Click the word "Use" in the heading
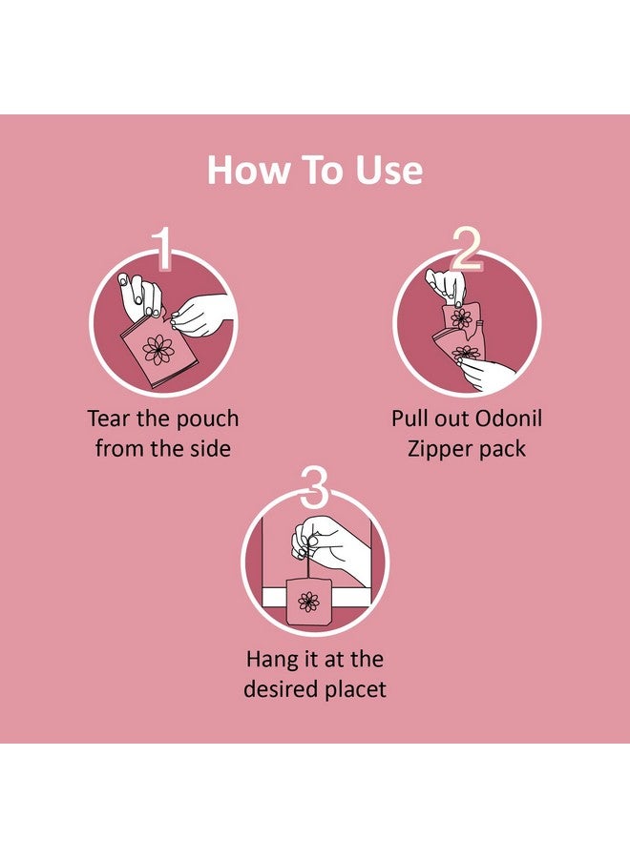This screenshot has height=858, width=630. coord(387,171)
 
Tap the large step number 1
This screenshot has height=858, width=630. coord(163,250)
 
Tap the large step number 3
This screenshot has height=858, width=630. coord(315,491)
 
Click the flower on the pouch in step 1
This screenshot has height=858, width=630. coord(158,349)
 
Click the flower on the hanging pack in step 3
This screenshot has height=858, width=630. coord(307,601)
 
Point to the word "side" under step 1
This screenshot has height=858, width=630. coord(208,448)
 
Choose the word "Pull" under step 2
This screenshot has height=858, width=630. coord(410,419)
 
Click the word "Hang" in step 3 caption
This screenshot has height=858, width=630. coord(271,659)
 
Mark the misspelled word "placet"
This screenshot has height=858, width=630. coord(357,688)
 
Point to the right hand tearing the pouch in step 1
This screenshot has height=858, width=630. coord(202,313)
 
